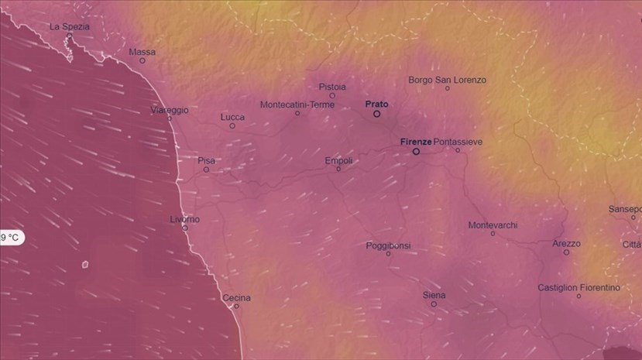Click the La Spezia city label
(x=70, y=26)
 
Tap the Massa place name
(x=142, y=52)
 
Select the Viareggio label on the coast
(x=170, y=110)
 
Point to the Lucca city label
(x=232, y=117)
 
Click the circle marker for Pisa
(x=206, y=170)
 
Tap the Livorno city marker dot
(x=184, y=228)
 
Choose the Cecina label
(x=236, y=297)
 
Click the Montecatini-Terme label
(x=297, y=105)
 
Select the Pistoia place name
(x=332, y=87)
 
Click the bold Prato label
(x=376, y=104)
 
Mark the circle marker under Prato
(x=377, y=114)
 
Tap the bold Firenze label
(x=416, y=142)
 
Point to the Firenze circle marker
(x=416, y=152)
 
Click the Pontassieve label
(x=458, y=142)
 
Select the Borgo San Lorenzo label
(x=448, y=80)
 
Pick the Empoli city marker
(x=338, y=170)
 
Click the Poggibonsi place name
(x=388, y=245)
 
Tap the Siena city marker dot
(x=434, y=304)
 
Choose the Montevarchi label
(x=493, y=225)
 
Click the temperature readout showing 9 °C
(x=11, y=238)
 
